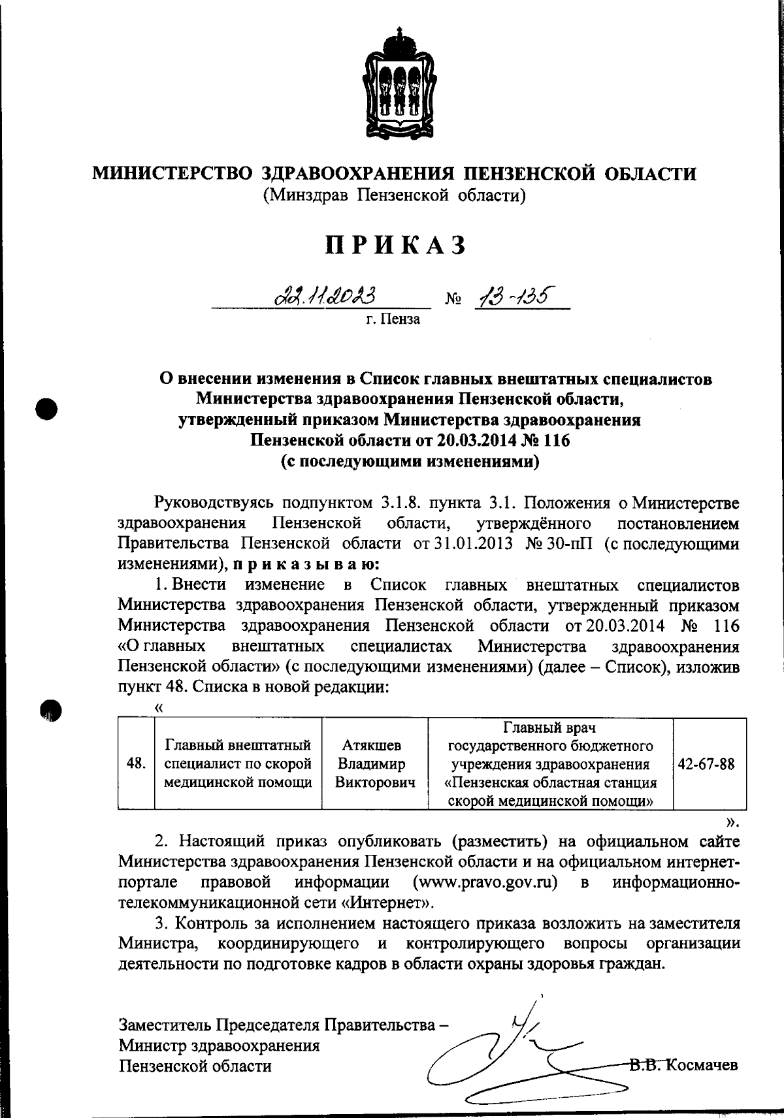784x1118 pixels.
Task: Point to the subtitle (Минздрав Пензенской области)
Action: [x=395, y=195]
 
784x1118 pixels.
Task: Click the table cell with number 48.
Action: [x=136, y=763]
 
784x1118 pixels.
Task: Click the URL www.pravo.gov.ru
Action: [x=485, y=883]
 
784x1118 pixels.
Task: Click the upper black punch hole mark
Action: [x=48, y=409]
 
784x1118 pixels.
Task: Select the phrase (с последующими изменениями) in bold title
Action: [x=410, y=462]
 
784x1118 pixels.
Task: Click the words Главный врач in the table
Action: [x=549, y=727]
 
